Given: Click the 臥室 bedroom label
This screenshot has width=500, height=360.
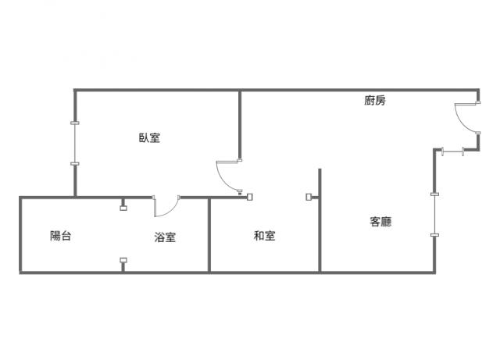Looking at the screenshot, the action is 149,137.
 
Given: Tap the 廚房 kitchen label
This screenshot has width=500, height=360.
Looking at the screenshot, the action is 375,101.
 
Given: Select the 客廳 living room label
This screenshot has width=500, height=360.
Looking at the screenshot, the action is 380,222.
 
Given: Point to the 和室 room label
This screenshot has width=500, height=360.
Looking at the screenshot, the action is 264,236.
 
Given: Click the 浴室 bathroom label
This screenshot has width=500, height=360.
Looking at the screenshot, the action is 165,237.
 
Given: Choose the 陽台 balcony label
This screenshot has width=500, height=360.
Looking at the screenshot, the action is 61,236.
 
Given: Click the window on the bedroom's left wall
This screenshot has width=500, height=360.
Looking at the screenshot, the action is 75,143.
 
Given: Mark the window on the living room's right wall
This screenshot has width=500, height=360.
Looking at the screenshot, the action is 434,215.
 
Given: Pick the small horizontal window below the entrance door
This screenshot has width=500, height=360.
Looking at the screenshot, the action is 453,151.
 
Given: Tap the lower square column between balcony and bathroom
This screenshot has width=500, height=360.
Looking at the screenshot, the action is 123,260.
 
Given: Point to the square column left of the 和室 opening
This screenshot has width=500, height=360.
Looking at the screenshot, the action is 250,198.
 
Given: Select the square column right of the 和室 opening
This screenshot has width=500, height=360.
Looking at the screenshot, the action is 309,197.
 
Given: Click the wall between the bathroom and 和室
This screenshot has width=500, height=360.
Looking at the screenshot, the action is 209,235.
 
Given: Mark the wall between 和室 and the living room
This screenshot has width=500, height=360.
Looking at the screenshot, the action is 320,220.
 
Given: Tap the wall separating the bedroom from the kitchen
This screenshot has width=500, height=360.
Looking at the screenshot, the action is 240,125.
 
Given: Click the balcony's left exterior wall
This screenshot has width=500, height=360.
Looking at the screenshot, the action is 21,235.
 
